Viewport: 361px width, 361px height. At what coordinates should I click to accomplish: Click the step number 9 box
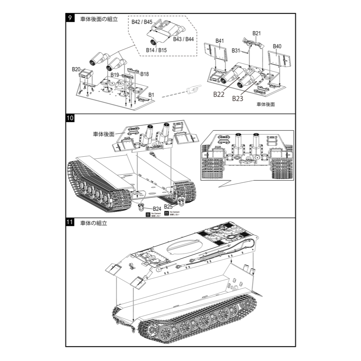(70, 18)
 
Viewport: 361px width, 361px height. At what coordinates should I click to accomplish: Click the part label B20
(76, 69)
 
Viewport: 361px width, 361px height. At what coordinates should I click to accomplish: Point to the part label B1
(152, 95)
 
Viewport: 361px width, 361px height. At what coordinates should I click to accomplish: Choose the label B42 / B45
(142, 22)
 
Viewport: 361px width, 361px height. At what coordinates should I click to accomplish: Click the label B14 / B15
(156, 50)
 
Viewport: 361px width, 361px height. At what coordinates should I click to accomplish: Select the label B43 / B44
(183, 39)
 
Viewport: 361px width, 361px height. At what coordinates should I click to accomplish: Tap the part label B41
(219, 41)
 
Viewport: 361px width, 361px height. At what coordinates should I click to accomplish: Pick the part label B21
(257, 33)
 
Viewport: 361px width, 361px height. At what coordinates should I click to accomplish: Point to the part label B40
(277, 46)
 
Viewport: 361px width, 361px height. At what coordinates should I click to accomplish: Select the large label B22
(219, 95)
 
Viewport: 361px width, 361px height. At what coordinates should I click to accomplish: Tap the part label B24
(157, 209)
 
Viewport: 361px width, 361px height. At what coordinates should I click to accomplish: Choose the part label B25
(168, 206)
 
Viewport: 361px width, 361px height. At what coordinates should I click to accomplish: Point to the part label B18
(145, 74)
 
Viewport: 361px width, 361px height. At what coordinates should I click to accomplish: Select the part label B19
(115, 75)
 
